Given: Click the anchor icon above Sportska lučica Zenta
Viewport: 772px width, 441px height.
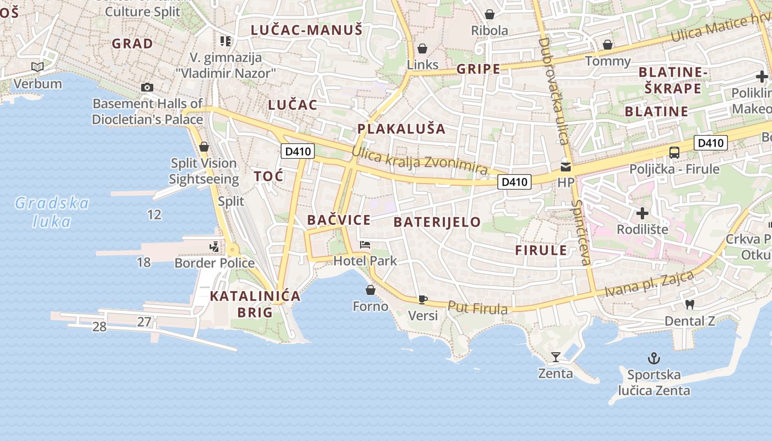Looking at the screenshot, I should coord(653,359).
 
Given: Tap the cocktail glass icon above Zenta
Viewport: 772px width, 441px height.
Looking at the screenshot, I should coord(556,357).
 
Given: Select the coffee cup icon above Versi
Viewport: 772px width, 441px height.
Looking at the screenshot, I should coord(422,299).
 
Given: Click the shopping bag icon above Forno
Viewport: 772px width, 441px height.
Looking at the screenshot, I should coord(371,289).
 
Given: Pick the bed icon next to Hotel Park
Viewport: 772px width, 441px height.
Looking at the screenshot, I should coord(364,244).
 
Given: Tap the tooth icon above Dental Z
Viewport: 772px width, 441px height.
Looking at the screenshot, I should coord(689,304).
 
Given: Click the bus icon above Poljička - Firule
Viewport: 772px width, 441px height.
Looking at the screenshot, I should coord(674,153).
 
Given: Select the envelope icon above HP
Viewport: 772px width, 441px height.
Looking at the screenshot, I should coord(565,166).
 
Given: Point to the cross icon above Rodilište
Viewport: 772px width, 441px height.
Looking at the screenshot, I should coord(642,213).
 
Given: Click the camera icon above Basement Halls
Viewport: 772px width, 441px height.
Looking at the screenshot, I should coord(147,87).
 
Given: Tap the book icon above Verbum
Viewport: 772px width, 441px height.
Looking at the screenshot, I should coord(37,67).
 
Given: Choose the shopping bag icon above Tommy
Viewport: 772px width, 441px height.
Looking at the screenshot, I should coord(608,45).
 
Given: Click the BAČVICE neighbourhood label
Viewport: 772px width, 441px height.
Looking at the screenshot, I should coord(339,220).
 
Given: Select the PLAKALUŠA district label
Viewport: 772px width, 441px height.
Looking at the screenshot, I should coord(401,129).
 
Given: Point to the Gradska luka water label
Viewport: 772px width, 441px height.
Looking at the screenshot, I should coord(51,212).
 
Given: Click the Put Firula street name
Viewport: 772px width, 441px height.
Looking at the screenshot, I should coord(478,308).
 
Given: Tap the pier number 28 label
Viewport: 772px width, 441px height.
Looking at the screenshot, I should coord(99,327).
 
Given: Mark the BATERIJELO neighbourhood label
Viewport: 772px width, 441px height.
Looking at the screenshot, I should coord(437,222).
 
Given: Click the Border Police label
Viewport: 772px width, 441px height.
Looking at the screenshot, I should coord(215,263).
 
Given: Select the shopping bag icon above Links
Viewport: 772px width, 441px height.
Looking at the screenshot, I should coord(422,49).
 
